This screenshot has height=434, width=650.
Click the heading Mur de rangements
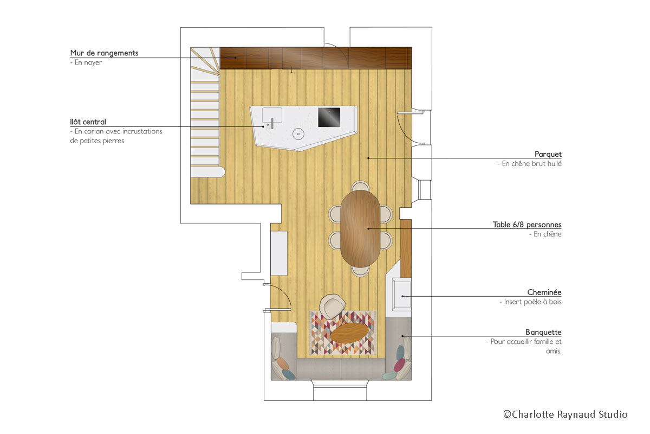click(104, 53)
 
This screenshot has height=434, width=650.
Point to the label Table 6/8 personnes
click(527, 225)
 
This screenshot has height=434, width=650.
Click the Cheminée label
click(544, 292)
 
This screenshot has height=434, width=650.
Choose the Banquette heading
click(543, 332)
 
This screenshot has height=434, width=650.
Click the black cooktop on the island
click(329, 117)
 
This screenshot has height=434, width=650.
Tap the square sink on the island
click(272, 115)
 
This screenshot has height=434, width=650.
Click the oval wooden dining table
click(361, 228)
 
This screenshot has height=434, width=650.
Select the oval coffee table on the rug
click(350, 332)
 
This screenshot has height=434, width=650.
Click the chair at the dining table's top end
click(360, 187)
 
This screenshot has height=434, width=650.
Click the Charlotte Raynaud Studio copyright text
click(565, 414)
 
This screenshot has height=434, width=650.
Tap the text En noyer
click(86, 63)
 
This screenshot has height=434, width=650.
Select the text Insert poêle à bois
click(530, 302)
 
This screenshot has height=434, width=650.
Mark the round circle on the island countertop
click(297, 134)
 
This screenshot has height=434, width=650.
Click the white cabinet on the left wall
click(279, 253)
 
